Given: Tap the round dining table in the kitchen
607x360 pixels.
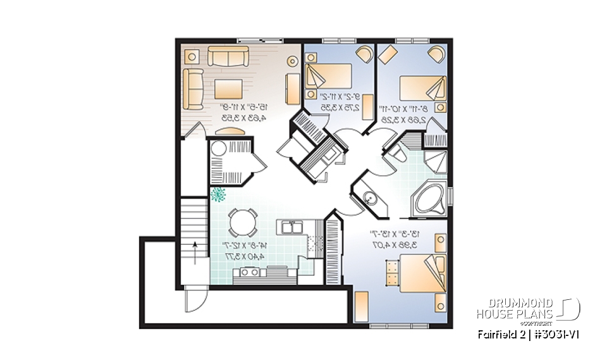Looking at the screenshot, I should tap(243, 223).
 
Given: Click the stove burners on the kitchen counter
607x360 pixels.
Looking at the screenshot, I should tap(246, 272).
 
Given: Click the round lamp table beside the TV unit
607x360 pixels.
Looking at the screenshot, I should tap(292, 61).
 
